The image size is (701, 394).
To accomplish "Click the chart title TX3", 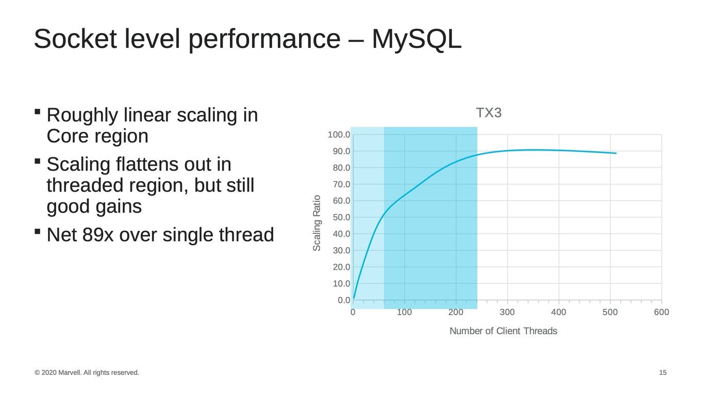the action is click(489, 113).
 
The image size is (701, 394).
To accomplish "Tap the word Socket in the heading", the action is click(75, 39).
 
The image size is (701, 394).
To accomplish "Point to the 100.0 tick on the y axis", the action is click(339, 135).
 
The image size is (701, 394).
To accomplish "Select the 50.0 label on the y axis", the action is click(341, 217).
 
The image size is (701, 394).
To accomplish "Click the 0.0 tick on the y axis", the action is click(344, 300).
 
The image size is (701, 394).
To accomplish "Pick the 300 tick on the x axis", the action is click(507, 312).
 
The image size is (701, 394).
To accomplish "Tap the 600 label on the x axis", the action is click(662, 312).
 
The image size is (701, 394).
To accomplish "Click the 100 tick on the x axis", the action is click(404, 312).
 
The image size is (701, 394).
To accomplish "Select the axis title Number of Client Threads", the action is click(503, 331).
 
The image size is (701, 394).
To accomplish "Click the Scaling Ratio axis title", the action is click(316, 223).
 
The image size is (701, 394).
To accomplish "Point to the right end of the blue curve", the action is click(616, 153).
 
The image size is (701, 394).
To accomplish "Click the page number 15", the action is click(663, 372).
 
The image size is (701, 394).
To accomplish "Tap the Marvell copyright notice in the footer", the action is click(87, 372).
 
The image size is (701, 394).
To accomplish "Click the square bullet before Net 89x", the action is click(38, 231).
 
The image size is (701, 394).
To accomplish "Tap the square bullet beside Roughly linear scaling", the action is click(38, 112).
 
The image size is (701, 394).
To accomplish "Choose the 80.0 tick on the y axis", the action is click(341, 168).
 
